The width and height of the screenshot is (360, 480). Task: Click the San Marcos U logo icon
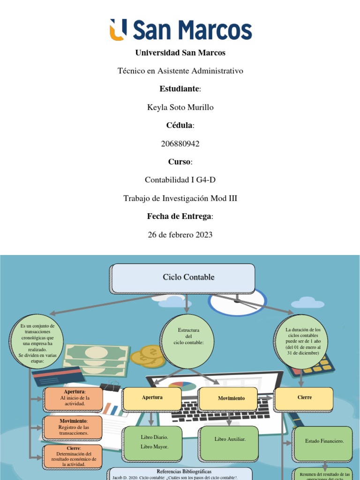coord(118,30)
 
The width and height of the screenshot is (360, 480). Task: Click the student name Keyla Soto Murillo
coord(180,107)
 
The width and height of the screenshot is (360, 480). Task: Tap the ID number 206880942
coord(180,144)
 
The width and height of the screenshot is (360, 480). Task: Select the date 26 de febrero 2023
coord(180,235)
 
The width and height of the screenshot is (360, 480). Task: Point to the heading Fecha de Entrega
coord(180,217)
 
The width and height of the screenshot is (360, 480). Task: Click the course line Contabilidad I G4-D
coord(180,180)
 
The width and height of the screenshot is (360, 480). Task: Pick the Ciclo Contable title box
coord(183,278)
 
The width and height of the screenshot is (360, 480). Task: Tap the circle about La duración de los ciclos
coord(302,341)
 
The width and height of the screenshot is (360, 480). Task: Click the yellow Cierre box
coord(304,397)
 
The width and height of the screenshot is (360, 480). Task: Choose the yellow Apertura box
coord(152,397)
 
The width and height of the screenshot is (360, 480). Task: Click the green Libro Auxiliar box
coord(230,439)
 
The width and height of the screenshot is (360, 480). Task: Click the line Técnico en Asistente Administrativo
coord(180,71)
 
